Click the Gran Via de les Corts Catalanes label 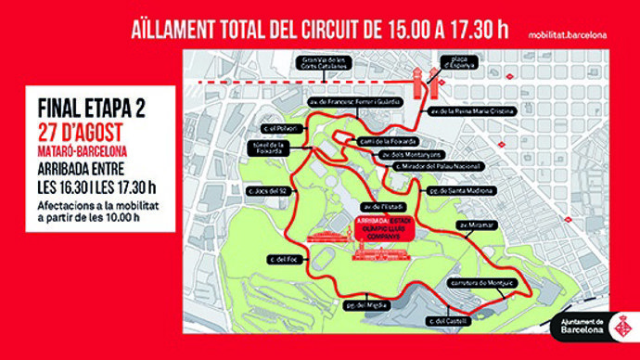coord(322,65)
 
